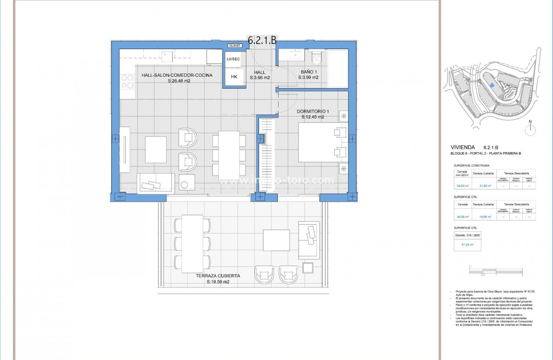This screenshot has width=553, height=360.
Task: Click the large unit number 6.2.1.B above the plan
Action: [x=262, y=40]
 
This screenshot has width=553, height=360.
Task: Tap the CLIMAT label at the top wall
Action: [x=234, y=45]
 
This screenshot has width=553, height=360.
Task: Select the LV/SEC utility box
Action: [x=233, y=59]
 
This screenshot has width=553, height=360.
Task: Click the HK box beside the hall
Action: [x=234, y=77]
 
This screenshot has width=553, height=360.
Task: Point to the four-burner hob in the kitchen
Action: [x=127, y=81]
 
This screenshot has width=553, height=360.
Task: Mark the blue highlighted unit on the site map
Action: [x=492, y=85]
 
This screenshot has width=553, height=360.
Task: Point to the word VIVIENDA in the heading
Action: [x=463, y=148]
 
